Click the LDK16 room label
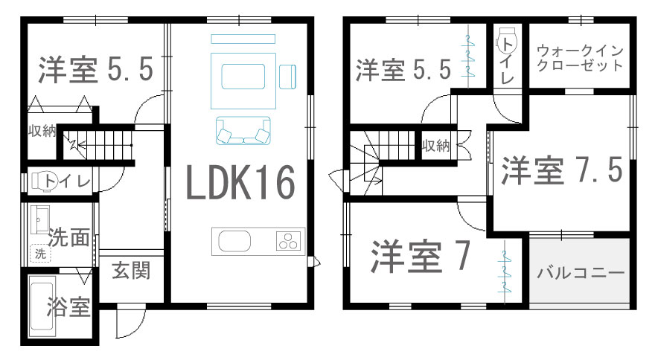point(240,182)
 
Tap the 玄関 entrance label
point(131,271)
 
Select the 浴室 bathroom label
point(68,306)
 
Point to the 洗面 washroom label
point(68,237)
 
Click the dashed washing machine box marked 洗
point(40,254)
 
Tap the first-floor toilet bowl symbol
point(43,181)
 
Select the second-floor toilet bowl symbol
point(506,41)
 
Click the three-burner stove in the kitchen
point(289,241)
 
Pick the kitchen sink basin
point(234,241)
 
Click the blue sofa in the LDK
point(243,131)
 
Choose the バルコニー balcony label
point(581,273)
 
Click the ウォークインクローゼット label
point(580,58)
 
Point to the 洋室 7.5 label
point(561,170)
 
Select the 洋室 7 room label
point(420,257)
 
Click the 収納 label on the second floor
point(435,146)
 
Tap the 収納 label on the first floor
point(42,131)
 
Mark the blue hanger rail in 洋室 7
point(504,271)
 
